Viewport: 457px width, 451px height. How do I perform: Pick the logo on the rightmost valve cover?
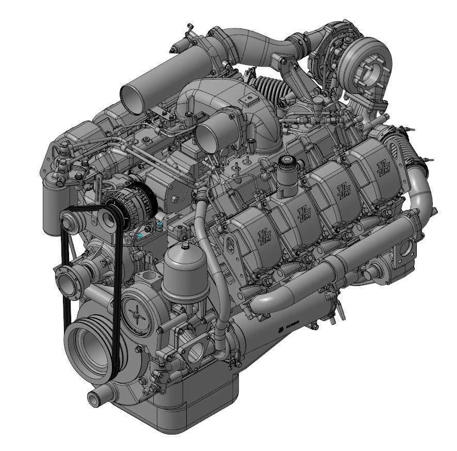[383, 166]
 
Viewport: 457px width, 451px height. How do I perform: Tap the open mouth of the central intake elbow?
[209, 136]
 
